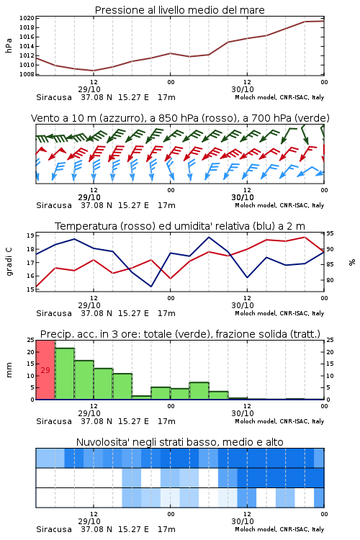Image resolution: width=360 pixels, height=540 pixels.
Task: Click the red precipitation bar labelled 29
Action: [x=45, y=370]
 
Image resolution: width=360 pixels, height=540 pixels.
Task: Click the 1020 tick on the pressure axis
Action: [x=27, y=18]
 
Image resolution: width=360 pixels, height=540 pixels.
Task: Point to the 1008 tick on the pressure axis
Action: [x=27, y=74]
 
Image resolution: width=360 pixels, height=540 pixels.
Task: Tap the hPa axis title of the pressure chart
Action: [x=9, y=45]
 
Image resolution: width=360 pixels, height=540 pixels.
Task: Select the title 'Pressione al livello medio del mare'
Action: [x=180, y=10]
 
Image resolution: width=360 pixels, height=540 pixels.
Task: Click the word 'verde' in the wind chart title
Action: [x=312, y=118]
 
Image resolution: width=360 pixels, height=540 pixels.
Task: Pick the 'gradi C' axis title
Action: [x=9, y=262]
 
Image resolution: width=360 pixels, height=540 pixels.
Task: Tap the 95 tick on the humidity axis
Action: [x=330, y=234]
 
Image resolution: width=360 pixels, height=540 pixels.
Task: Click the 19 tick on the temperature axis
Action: [x=30, y=236]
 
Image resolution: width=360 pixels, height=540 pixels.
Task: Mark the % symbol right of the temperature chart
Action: [x=352, y=262]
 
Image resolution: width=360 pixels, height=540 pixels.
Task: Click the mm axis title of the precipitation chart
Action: [x=9, y=370]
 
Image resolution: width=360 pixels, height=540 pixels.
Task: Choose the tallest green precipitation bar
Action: [x=65, y=374]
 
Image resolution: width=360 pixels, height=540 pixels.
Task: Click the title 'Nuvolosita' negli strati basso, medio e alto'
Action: [x=180, y=442]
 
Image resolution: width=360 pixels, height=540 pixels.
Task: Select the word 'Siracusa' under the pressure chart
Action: [x=54, y=97]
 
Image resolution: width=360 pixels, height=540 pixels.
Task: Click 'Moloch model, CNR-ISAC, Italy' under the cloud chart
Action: [x=279, y=529]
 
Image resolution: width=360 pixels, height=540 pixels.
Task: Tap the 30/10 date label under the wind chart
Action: [x=243, y=198]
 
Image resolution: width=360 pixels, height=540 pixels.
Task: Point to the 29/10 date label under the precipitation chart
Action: [x=89, y=413]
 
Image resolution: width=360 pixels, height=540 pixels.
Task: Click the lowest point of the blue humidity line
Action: [x=151, y=287]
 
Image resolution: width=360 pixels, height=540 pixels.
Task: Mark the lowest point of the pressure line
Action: [x=94, y=71]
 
